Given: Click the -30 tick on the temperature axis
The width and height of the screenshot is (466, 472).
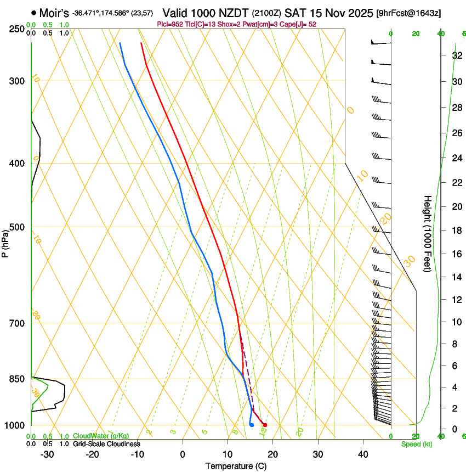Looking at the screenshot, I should click(x=47, y=454).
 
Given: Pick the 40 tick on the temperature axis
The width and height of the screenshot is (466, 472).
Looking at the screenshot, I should click(x=363, y=454).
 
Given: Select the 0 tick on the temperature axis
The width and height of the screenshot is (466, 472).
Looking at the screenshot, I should click(x=183, y=454).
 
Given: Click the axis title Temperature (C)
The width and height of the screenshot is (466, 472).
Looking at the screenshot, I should click(x=236, y=466).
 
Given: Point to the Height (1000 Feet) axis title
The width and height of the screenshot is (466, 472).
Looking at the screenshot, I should click(x=428, y=233).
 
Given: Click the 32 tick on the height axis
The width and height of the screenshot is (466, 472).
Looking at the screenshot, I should click(x=456, y=55).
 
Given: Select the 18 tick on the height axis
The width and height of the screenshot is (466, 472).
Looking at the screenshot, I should click(x=456, y=230).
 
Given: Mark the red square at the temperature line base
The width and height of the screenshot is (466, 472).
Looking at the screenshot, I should click(x=265, y=425).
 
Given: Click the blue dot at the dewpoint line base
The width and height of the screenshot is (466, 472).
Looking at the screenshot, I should click(x=252, y=425).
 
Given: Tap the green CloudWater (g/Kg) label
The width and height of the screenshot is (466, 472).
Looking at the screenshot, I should click(x=101, y=436).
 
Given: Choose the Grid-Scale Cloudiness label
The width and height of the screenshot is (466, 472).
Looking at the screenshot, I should click(x=106, y=444).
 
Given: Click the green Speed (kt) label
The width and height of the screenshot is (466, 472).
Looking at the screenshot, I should click(x=416, y=444).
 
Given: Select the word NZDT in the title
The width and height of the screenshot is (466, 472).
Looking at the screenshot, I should click(x=234, y=13).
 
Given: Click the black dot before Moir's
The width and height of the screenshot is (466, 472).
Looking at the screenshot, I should click(x=34, y=13).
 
